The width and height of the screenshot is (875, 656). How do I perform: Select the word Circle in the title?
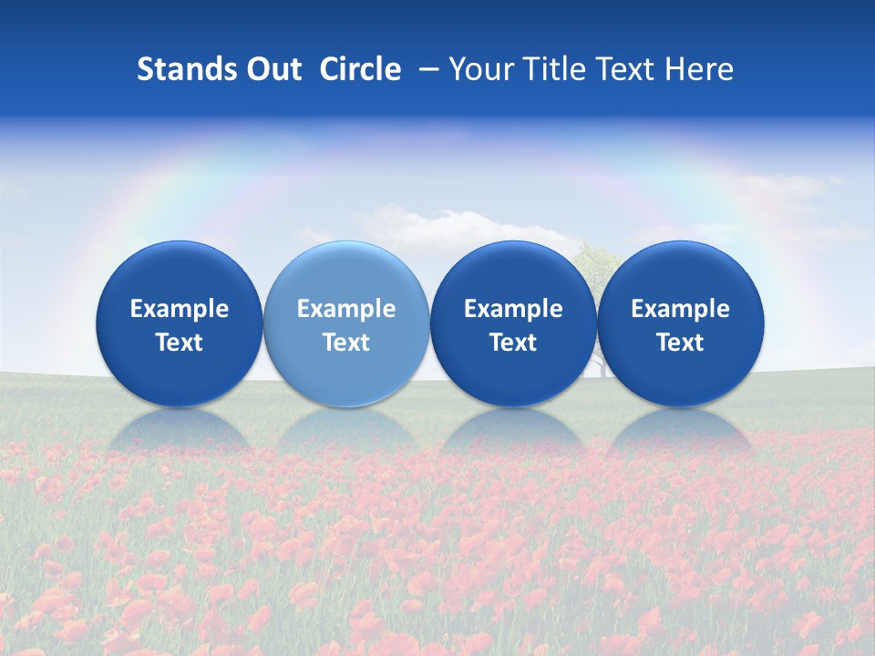360,69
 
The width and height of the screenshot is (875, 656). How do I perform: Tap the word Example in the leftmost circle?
180,309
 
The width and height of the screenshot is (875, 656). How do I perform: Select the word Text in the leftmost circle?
180,343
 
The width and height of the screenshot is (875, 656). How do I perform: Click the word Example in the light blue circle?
346,309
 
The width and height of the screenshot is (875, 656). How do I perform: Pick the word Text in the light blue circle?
346,343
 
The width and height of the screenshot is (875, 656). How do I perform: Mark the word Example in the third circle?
513,309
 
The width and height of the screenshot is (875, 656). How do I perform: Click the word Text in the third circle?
513,343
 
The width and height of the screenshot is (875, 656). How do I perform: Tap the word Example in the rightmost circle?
680,309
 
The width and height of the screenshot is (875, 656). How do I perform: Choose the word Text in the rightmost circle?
680,343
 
